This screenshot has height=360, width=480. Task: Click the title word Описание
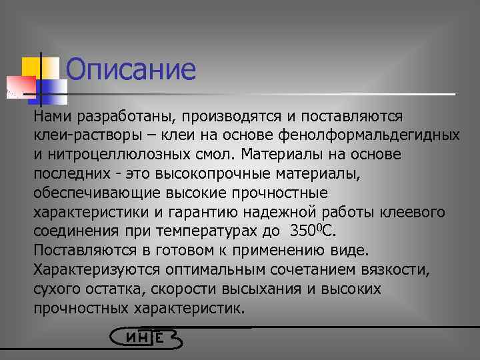pyautogui.click(x=131, y=70)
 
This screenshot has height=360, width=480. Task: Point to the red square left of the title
pyautogui.click(x=20, y=85)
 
